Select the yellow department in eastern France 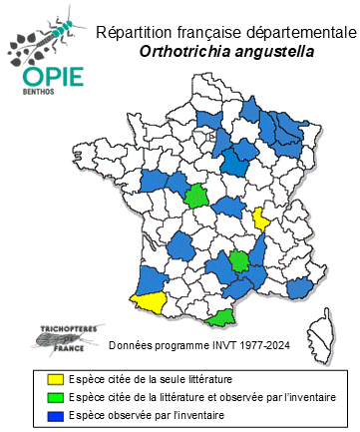[261, 218]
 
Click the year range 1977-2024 [263, 345]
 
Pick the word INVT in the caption [219, 345]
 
